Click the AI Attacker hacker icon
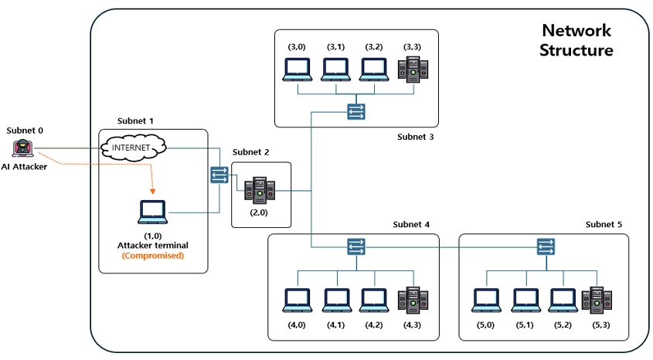(x=24, y=148)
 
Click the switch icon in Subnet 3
(x=355, y=112)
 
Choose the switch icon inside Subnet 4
(x=355, y=246)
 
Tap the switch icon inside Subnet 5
(x=547, y=246)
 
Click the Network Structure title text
(x=576, y=40)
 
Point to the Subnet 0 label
(x=25, y=131)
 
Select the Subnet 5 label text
(x=603, y=224)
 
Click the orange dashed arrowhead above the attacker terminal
(x=152, y=191)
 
